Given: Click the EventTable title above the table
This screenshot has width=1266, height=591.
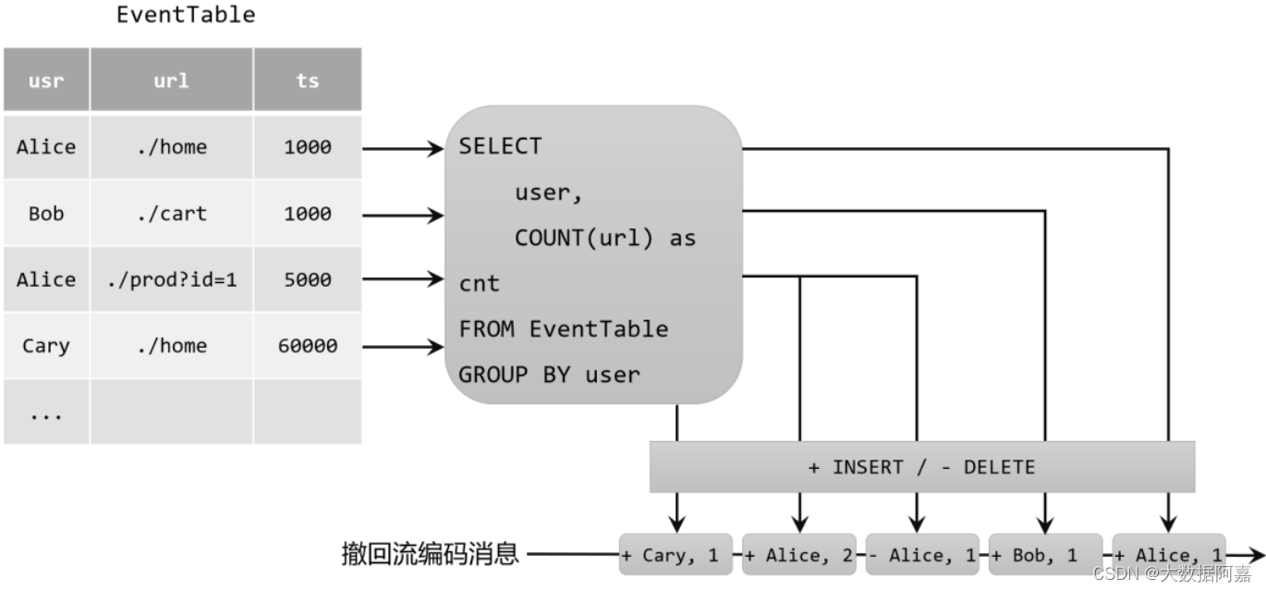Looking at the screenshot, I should [186, 15].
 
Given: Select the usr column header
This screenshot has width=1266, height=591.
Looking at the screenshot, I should [46, 80].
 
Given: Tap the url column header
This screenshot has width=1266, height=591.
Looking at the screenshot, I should [171, 80].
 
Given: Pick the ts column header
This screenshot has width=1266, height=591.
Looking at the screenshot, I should [307, 80].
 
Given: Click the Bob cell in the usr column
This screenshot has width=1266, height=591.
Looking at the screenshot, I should [46, 214].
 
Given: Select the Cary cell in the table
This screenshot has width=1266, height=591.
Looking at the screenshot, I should [46, 346].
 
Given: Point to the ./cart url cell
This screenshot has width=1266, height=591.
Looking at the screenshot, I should [171, 214].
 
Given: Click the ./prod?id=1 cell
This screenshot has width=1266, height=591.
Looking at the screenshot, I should [171, 279].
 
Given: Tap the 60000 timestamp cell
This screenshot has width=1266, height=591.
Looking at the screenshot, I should [307, 346].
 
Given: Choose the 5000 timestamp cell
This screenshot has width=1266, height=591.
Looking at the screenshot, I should [307, 279].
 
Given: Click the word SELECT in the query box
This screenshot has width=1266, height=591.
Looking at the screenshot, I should [500, 146].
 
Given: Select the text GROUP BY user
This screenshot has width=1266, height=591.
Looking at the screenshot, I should [549, 375].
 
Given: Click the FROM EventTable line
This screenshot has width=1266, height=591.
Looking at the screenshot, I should [563, 329].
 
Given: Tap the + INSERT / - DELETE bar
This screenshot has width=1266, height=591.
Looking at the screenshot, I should [921, 467].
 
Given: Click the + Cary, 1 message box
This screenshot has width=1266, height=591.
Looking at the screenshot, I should [676, 555].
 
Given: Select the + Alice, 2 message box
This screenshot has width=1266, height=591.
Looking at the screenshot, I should [799, 555].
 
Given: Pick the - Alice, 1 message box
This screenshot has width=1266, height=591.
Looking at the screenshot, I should [921, 555].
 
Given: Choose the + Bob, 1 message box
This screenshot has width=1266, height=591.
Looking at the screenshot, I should [1045, 555].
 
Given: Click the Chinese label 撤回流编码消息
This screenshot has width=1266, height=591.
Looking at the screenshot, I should [430, 555].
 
